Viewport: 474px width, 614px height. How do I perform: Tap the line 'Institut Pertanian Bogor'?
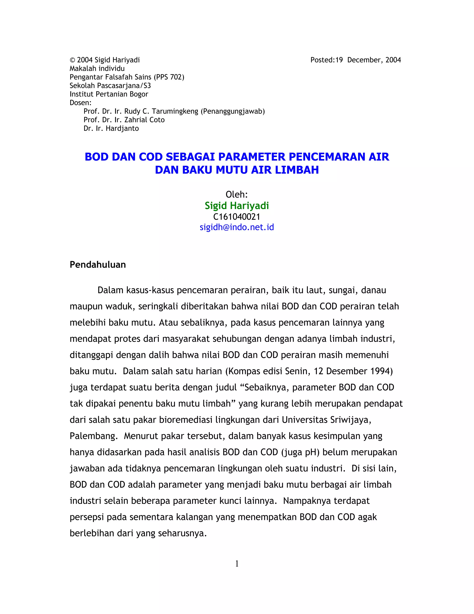pos(109,94)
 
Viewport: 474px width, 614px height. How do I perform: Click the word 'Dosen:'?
pos(80,103)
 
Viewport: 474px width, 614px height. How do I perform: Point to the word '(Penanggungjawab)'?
pos(233,111)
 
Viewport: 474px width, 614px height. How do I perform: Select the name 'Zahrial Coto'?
pos(144,120)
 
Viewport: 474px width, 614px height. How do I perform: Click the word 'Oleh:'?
pos(237,194)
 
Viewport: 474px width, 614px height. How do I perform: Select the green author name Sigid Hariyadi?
pos(237,206)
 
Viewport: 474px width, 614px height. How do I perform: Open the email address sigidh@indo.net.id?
pos(237,227)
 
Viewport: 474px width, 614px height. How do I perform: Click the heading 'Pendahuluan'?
pos(98,265)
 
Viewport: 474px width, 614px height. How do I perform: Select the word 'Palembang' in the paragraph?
pos(93,436)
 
